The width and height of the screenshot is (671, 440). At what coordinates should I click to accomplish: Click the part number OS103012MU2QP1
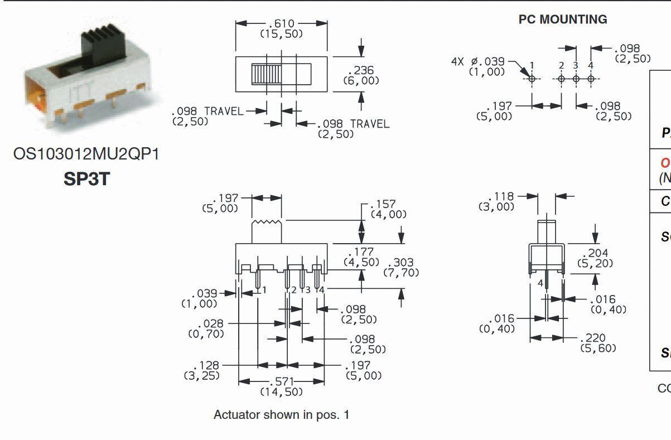pos(86,154)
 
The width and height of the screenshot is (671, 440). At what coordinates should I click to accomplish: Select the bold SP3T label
pos(86,180)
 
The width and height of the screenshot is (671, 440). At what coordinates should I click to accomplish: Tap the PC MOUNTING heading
pos(563,20)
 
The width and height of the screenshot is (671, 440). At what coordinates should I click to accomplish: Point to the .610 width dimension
pos(281,23)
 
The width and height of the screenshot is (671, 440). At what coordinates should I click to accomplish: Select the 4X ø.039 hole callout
pos(477,61)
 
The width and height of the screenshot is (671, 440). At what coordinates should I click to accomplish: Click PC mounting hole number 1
pos(532,79)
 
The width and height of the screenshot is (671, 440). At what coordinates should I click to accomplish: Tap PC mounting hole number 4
pos(591,79)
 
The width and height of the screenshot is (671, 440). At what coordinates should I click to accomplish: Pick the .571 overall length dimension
pos(281,381)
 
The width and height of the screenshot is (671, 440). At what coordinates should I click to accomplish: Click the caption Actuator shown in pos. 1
pos(281,415)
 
